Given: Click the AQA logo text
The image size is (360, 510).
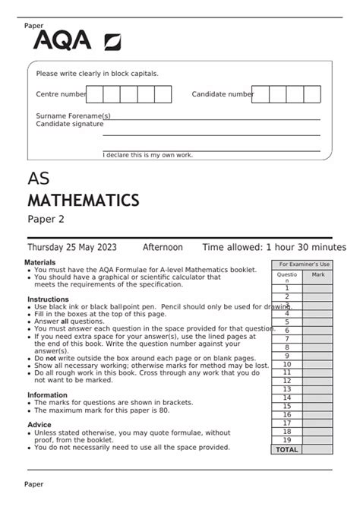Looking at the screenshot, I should click(62, 40).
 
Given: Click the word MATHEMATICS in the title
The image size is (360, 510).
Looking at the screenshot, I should click(83, 201).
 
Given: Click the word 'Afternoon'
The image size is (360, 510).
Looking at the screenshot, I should click(163, 248).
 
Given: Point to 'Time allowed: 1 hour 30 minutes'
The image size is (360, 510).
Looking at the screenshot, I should click(273, 248).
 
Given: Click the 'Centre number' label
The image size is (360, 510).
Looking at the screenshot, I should click(62, 94).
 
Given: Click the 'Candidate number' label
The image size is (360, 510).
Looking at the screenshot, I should click(223, 94).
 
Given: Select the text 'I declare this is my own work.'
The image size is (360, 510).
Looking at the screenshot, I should click(148, 155).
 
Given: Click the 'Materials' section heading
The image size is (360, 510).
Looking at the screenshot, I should click(40, 262).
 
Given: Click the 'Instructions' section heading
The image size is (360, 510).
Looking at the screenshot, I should click(48, 299).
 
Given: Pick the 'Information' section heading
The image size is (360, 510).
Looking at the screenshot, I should click(48, 395).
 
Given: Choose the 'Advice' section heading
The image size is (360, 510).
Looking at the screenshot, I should click(39, 425).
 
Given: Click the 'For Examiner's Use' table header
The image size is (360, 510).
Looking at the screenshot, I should click(302, 264).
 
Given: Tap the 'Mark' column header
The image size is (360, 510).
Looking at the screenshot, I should click(317, 274).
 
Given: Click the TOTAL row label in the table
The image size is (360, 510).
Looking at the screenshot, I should click(287, 449).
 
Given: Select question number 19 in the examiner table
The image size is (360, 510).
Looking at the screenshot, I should click(287, 440).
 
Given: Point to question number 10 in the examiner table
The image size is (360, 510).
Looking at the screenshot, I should click(287, 364).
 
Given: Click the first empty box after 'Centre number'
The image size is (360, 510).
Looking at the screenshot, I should click(95, 94).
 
